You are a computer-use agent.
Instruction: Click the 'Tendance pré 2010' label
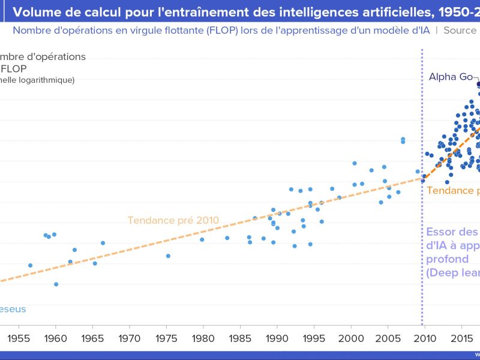(173, 220)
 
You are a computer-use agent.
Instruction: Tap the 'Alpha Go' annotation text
(451, 77)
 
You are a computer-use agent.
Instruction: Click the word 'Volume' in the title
(35, 11)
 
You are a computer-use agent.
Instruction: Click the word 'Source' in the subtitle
(460, 30)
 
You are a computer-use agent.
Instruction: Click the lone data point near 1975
(168, 256)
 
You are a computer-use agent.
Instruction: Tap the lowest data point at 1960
(56, 284)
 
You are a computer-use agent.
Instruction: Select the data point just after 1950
(30, 265)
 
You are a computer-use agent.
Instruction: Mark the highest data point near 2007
(403, 139)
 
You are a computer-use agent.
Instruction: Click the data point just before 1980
(202, 239)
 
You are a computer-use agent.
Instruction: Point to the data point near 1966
(103, 243)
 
